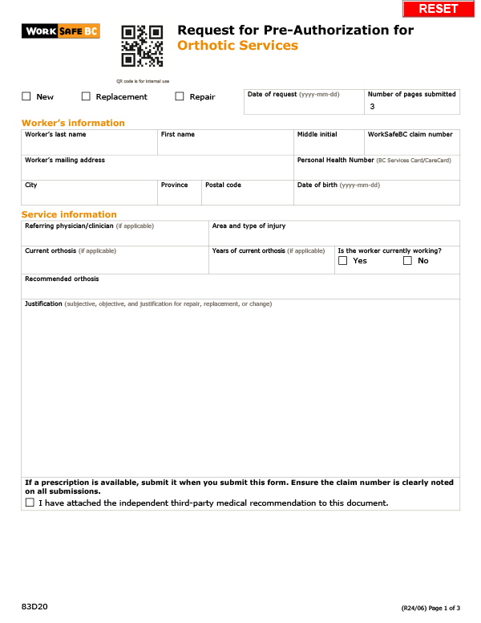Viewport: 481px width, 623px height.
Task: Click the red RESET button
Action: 439,8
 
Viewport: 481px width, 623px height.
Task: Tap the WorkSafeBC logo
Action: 61,31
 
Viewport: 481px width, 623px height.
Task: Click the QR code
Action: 142,47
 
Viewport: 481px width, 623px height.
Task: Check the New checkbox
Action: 26,96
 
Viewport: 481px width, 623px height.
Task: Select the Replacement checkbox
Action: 86,96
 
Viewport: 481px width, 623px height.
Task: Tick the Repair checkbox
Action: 180,96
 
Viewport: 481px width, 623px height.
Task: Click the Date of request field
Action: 303,106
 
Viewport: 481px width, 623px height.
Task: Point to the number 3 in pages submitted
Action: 372,106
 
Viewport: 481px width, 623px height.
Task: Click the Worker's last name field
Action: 89,146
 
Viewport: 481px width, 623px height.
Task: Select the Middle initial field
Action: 329,146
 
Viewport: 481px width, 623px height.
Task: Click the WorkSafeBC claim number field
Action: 412,146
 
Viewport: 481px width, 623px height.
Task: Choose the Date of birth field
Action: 377,196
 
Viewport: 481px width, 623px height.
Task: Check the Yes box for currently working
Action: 343,261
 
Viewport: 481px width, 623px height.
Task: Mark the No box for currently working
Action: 407,261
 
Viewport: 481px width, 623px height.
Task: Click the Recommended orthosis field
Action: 240,289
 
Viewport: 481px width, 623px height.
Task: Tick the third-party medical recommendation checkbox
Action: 30,503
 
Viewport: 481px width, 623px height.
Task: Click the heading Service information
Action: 69,214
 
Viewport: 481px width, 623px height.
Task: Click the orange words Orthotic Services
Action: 237,46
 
